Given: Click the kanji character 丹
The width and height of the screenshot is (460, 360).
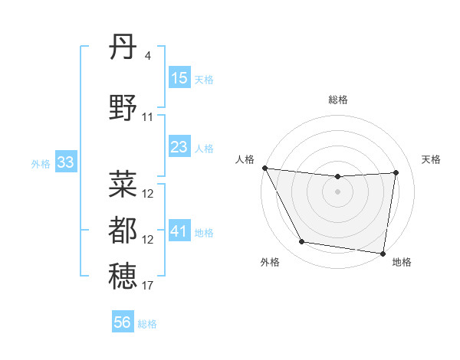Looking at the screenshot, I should tap(123, 49).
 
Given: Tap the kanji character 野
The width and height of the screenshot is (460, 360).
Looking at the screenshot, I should tap(123, 110).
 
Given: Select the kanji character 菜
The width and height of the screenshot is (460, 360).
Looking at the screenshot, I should tap(123, 185).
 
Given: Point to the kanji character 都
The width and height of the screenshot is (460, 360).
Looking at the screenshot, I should tap(123, 230).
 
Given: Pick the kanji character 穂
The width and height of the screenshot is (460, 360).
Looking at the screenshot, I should tap(123, 277).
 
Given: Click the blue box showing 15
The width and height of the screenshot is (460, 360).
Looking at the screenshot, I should tap(179, 78).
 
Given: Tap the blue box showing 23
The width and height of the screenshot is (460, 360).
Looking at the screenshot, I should tap(179, 147).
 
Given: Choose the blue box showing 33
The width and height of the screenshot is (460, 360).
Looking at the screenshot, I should tap(65, 162).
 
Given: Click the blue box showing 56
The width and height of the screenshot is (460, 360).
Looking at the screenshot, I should tap(123, 322).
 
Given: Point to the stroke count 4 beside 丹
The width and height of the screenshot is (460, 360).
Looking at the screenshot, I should tap(147, 56).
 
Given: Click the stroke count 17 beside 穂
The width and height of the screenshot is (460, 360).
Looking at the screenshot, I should tap(148, 286).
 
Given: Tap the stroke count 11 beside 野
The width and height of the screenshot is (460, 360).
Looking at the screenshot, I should tap(148, 117).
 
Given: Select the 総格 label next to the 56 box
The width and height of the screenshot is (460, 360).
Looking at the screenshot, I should tap(147, 324).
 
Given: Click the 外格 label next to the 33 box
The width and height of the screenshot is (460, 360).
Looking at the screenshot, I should tap(41, 163).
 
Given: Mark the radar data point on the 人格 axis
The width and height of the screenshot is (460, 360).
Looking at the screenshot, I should tap(264, 168).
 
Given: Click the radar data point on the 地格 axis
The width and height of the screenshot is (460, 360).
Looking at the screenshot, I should tap(383, 253).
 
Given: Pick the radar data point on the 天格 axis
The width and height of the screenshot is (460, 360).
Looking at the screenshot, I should tap(396, 172).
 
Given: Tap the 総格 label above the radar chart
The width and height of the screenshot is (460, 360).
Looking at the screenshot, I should tap(338, 100).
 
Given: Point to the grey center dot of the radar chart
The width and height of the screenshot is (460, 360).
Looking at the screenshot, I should tap(338, 191).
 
